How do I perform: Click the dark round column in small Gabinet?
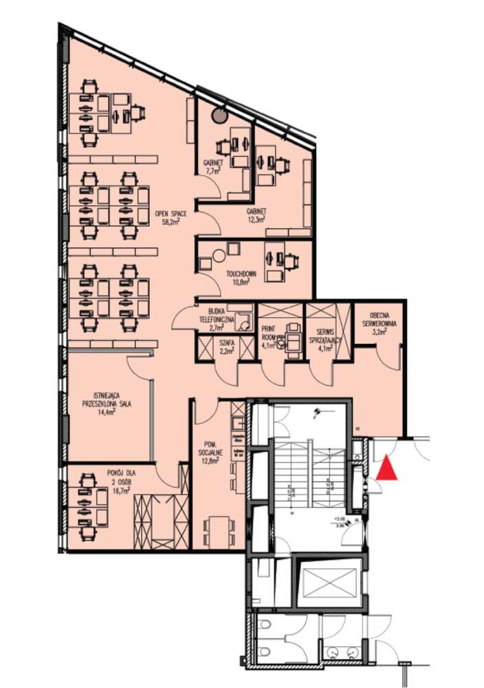pyautogui.click(x=220, y=115)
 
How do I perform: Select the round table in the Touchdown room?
pyautogui.click(x=219, y=255)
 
